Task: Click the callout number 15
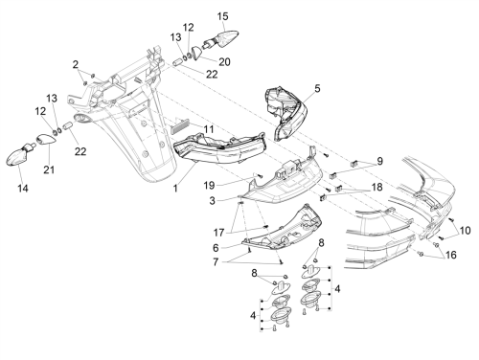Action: click(x=223, y=16)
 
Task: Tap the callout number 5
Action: click(x=317, y=88)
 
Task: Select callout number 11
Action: click(x=209, y=129)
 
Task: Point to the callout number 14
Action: click(x=23, y=189)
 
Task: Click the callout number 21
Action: click(x=49, y=169)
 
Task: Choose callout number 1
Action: click(x=175, y=189)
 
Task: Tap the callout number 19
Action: click(x=210, y=185)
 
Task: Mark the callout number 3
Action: click(x=213, y=201)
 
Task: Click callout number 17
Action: click(x=218, y=233)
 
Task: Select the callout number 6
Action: click(x=216, y=248)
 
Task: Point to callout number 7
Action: click(x=216, y=262)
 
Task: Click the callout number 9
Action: click(x=379, y=161)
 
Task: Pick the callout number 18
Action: click(x=377, y=187)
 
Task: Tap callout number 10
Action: click(x=466, y=230)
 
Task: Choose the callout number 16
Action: click(x=451, y=255)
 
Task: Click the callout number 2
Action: click(x=76, y=65)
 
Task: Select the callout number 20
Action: click(x=224, y=61)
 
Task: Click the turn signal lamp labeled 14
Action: click(x=20, y=155)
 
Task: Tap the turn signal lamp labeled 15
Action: click(x=222, y=38)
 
